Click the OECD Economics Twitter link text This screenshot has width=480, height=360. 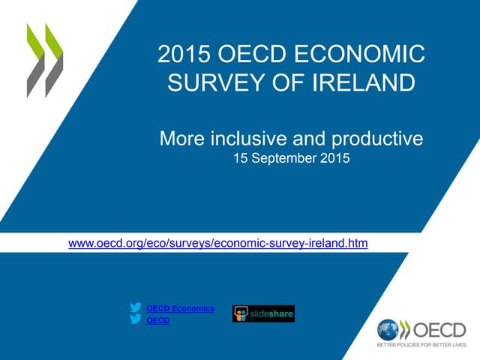tap(180, 309)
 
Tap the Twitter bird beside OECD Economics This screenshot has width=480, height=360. tap(136, 308)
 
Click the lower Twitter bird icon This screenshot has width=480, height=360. tap(136, 320)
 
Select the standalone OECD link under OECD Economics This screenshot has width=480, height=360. tap(157, 321)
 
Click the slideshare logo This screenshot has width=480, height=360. tap(263, 313)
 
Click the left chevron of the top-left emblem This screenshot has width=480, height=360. tap(34, 60)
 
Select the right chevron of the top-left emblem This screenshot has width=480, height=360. tap(53, 60)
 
